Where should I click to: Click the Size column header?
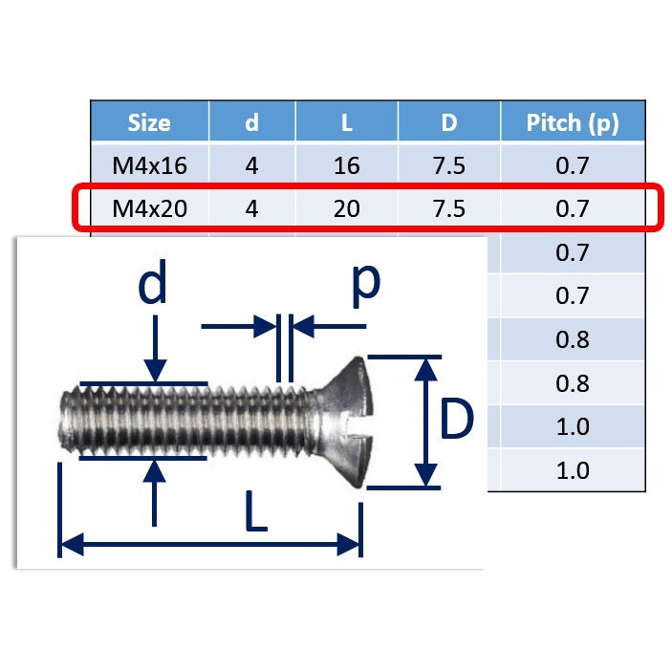(149, 122)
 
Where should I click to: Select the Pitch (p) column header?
(572, 122)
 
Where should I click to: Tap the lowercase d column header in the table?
(251, 122)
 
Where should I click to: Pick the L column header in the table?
(346, 122)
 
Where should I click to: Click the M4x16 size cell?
(149, 165)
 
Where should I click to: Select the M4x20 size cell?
(149, 208)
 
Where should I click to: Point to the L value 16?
(346, 165)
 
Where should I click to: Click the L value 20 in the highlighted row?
(346, 208)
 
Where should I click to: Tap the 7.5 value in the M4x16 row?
(448, 165)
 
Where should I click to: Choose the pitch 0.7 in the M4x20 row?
(572, 208)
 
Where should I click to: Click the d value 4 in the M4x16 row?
(251, 165)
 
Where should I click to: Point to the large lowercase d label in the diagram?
(154, 283)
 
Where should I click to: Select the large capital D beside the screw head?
(457, 421)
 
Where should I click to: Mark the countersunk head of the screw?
(340, 421)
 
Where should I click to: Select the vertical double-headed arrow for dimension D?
(426, 422)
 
